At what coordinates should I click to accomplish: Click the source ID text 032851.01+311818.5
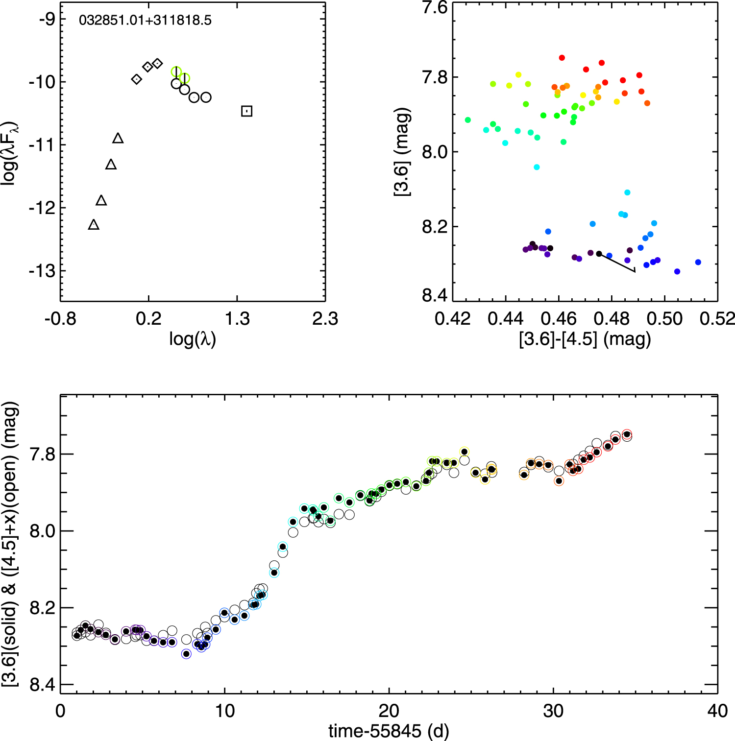coord(145,21)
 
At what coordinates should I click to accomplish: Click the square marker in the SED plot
coord(247,111)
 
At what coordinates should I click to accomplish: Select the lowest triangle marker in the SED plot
coord(94,225)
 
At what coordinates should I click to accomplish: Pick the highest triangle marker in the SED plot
coord(118,139)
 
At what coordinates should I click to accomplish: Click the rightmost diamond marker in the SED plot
coord(157,64)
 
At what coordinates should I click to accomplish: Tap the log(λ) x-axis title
coord(193,338)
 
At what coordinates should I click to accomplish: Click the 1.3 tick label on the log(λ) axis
coord(237,319)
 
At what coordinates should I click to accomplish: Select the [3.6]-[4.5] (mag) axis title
coord(585,339)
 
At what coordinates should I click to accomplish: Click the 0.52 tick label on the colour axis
coord(717,319)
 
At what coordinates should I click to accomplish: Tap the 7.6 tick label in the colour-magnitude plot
coord(435,8)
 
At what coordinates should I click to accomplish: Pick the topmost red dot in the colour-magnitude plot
coord(562,58)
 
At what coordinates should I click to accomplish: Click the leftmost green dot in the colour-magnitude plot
coord(468,120)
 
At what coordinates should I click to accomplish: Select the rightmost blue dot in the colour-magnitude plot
coord(698,262)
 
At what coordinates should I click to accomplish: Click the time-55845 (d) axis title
coord(389,731)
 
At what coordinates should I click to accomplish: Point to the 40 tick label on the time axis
coord(717,711)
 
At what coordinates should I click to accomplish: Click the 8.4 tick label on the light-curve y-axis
coord(43,684)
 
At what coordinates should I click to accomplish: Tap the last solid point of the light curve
coord(627,434)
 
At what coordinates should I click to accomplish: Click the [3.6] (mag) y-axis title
coord(402,152)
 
